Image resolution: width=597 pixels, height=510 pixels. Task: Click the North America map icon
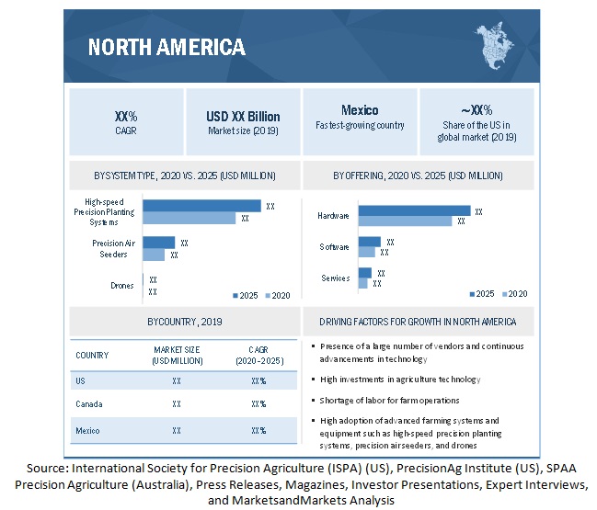[498, 45]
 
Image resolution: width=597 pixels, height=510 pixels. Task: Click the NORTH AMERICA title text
[166, 47]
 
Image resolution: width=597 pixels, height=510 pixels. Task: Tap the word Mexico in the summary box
[359, 110]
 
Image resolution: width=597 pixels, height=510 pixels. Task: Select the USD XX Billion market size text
[243, 117]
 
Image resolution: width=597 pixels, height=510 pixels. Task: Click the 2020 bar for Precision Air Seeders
[155, 255]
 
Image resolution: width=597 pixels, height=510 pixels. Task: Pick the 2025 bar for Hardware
[414, 210]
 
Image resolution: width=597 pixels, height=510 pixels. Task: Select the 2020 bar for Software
[367, 252]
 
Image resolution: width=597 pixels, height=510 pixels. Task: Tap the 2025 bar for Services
[365, 273]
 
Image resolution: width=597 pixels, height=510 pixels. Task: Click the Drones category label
[122, 286]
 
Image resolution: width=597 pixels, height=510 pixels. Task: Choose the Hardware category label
[334, 216]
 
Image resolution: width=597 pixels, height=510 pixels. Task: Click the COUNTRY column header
[92, 355]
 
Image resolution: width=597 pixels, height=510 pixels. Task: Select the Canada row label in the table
[90, 403]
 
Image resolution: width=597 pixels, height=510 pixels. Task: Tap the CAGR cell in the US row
[258, 380]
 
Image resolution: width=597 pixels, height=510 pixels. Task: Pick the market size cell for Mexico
[177, 429]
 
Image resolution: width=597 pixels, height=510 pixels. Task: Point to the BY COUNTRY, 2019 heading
[184, 323]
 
